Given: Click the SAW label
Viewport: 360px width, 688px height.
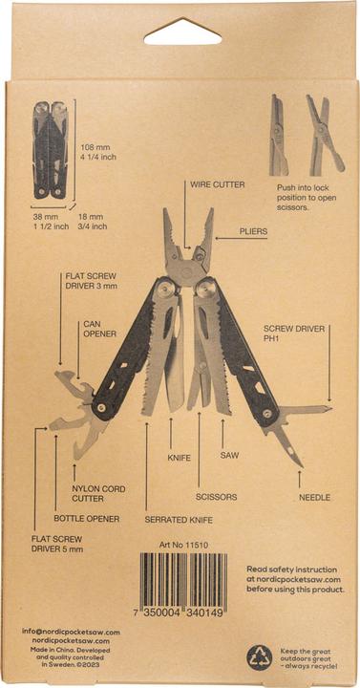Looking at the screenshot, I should (x=229, y=455).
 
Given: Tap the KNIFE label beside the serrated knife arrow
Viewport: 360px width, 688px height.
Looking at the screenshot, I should (x=180, y=458).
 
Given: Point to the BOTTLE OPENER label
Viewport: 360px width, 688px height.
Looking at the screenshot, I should (x=87, y=518).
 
